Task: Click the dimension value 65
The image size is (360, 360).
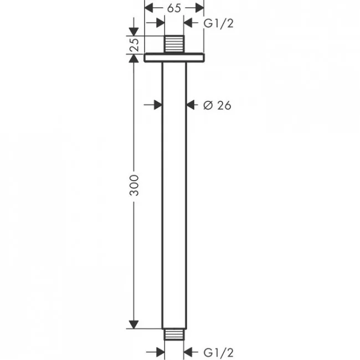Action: click(x=174, y=8)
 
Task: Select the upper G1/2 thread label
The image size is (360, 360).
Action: click(x=219, y=23)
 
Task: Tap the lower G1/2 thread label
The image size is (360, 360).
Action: click(x=219, y=352)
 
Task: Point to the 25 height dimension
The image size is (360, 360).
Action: click(x=135, y=44)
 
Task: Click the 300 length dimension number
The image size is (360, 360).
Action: click(x=135, y=186)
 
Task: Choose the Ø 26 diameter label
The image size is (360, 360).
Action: click(x=217, y=105)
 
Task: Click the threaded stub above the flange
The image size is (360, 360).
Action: click(x=174, y=44)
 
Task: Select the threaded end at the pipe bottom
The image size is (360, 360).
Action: click(x=174, y=335)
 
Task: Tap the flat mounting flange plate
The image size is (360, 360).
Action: click(x=174, y=58)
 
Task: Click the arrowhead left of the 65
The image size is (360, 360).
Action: click(x=148, y=8)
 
